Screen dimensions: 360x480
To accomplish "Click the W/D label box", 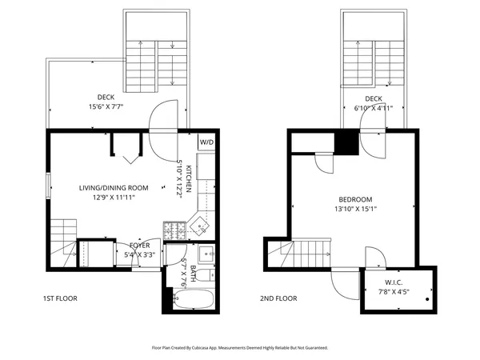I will coord(206,142).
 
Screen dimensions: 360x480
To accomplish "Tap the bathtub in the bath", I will coord(193,301).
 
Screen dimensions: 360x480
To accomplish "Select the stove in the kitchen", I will coord(174,230).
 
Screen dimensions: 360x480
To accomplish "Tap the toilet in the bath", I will coord(205,276).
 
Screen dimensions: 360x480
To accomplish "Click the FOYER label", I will coord(140,246).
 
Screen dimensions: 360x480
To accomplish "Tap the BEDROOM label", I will coord(354,199).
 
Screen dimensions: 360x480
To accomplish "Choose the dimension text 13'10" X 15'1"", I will coord(354,210).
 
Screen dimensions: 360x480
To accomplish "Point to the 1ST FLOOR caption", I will coord(60,298).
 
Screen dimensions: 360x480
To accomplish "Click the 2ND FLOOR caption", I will coord(278,298).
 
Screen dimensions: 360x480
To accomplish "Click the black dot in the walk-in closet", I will coord(429,299).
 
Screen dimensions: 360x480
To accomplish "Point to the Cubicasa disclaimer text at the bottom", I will coord(240,348).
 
